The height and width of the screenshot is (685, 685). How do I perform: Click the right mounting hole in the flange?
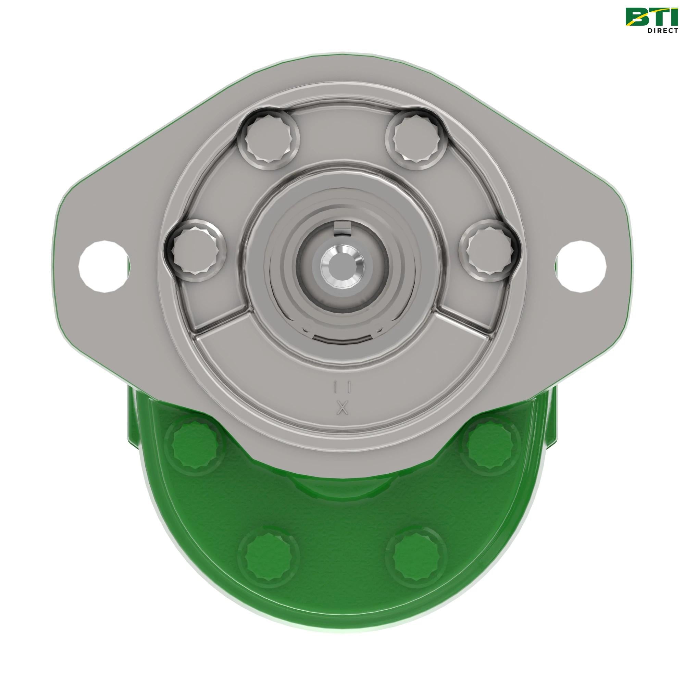click(582, 266)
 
